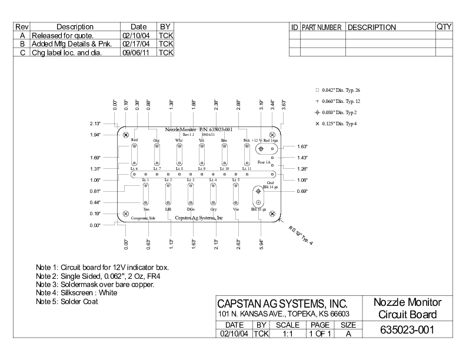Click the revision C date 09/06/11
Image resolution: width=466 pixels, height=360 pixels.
(x=139, y=53)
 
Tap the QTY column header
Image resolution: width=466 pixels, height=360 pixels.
(x=444, y=27)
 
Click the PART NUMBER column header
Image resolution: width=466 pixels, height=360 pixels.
(x=322, y=28)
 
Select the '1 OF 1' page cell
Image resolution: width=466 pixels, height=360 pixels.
(x=320, y=334)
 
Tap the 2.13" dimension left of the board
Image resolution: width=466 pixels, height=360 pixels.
(x=95, y=124)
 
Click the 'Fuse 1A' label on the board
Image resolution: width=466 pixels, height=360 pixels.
(x=264, y=162)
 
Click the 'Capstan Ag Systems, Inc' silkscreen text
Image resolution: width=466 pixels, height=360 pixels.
(x=199, y=218)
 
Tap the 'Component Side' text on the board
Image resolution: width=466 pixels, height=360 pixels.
(x=143, y=218)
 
